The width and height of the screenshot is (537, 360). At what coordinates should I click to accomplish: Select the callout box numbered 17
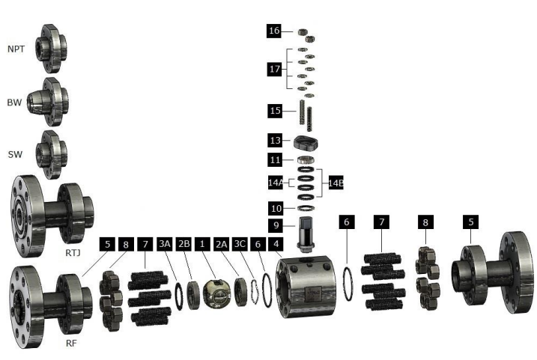pyautogui.click(x=275, y=69)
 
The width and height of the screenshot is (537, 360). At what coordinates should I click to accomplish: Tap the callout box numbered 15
pyautogui.click(x=275, y=110)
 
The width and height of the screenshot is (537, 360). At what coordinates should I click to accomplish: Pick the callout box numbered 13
pyautogui.click(x=275, y=140)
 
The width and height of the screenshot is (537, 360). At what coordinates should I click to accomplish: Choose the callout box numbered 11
pyautogui.click(x=275, y=159)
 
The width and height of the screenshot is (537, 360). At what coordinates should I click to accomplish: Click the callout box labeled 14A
pyautogui.click(x=275, y=183)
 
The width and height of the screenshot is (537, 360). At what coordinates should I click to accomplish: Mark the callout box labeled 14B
pyautogui.click(x=334, y=183)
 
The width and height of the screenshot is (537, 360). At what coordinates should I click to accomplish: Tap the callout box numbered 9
pyautogui.click(x=275, y=225)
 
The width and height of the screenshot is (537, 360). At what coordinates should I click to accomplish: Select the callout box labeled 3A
pyautogui.click(x=165, y=243)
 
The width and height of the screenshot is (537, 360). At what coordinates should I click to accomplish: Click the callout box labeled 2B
pyautogui.click(x=183, y=243)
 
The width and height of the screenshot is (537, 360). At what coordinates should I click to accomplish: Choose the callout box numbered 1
pyautogui.click(x=201, y=243)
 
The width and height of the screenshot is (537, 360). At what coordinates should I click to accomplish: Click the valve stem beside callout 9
pyautogui.click(x=306, y=235)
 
